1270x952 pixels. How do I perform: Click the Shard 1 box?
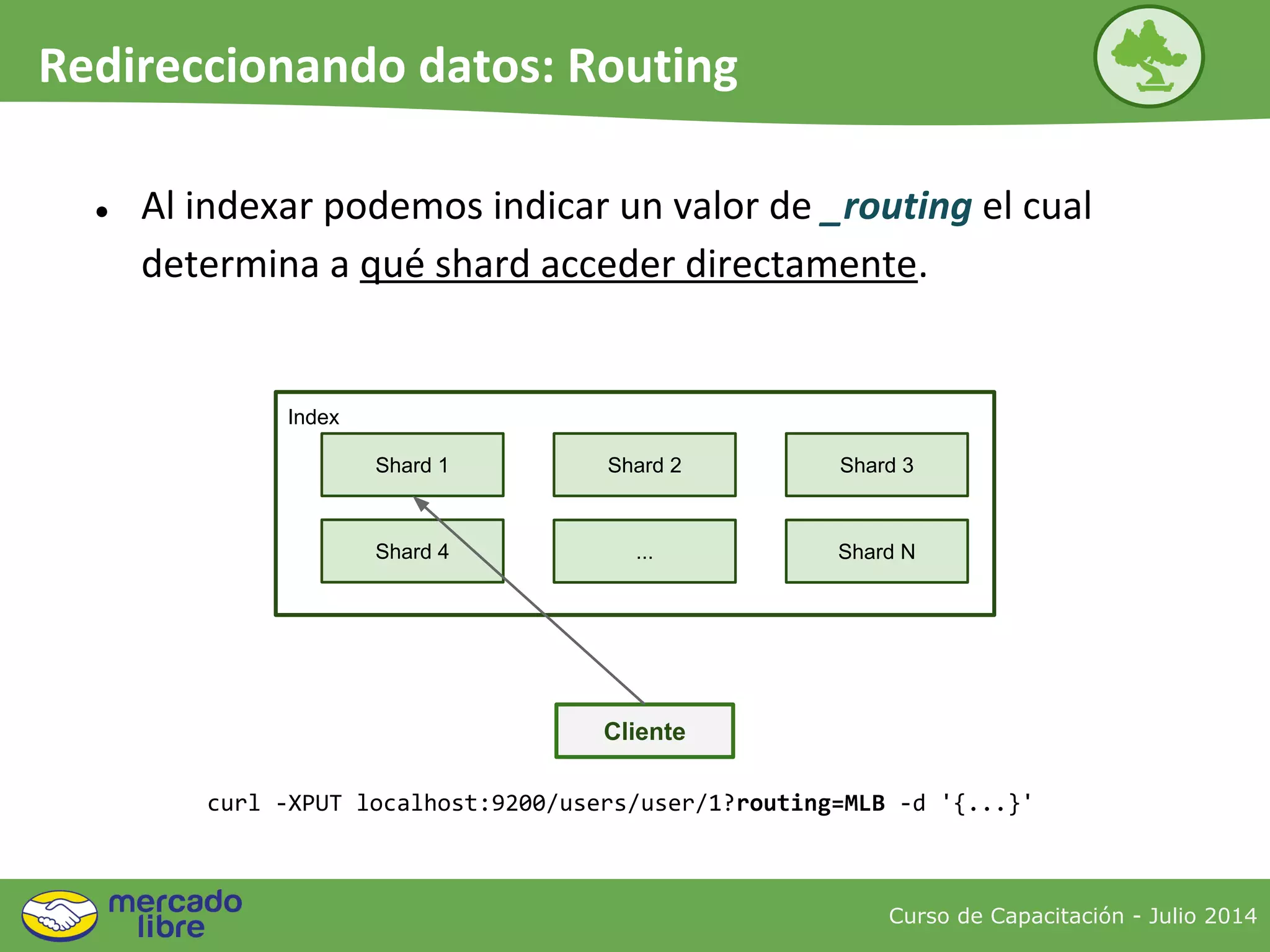[412, 465]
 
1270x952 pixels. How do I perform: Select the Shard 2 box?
[644, 465]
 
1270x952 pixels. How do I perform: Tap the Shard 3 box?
[876, 465]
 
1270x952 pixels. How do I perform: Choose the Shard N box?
[876, 551]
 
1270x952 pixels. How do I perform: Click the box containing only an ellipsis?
[644, 551]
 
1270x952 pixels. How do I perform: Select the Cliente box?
[644, 731]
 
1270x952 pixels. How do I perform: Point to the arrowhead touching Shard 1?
[421, 503]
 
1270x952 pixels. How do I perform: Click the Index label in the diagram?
[313, 417]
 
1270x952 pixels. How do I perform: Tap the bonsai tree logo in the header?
[1148, 56]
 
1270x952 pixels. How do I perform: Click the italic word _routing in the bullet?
[895, 206]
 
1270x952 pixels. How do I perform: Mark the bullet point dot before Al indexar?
[102, 212]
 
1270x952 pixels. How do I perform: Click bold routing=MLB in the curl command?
[810, 803]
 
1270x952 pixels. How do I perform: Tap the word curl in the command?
[233, 803]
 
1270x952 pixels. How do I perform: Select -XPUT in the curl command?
[308, 803]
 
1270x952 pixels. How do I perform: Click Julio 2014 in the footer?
[1202, 915]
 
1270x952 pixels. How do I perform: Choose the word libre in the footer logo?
[171, 927]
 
